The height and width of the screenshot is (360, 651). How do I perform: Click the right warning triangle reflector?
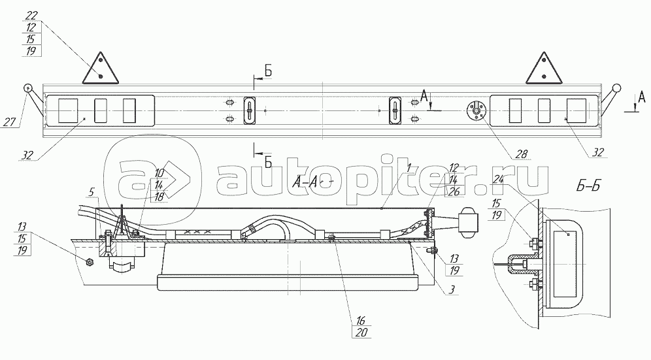(x=543, y=69)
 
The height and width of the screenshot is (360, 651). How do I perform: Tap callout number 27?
(x=9, y=122)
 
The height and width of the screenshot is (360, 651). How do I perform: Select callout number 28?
(x=522, y=154)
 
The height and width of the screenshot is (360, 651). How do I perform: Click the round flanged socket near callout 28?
(x=476, y=110)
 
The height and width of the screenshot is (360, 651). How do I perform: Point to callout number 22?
(x=31, y=16)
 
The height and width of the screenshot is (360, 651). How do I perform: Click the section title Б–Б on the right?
(x=588, y=186)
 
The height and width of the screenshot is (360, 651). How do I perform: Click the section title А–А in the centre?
(x=305, y=182)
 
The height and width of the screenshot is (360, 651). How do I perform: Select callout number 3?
(x=452, y=289)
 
